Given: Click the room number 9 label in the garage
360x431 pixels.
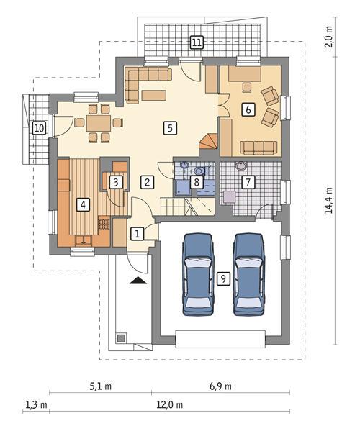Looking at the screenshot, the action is click(x=223, y=278).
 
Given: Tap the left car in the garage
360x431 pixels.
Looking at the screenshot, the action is click(x=198, y=274).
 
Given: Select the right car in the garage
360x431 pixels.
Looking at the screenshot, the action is click(x=249, y=274).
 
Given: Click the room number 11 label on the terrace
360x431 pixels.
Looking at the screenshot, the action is click(x=197, y=42).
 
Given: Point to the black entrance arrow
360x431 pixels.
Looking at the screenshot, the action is click(x=138, y=281).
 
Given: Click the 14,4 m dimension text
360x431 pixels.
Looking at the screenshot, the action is click(x=328, y=200).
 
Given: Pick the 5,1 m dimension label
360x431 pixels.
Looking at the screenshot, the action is click(x=100, y=386).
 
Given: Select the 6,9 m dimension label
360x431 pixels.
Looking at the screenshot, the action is click(x=220, y=386).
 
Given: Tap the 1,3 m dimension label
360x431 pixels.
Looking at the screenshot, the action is click(x=36, y=404).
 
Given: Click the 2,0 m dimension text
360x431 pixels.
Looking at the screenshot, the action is click(x=328, y=37).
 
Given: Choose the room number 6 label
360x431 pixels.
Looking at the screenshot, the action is click(x=248, y=109).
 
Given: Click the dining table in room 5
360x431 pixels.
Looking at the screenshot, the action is click(x=99, y=123).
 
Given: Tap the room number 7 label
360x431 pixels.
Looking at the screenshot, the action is click(x=248, y=182).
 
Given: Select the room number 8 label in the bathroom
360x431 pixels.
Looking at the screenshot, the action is click(x=197, y=182).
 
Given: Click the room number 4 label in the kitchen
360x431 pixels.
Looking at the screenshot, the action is click(x=83, y=205).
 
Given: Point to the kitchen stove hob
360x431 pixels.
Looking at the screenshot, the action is click(x=104, y=224).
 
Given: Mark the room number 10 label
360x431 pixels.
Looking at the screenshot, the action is click(x=39, y=128).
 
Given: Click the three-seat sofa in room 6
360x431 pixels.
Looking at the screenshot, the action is click(x=258, y=148).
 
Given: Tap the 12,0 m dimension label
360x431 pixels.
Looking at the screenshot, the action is click(x=170, y=404).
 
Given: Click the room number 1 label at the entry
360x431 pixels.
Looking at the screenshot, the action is click(x=138, y=234).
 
